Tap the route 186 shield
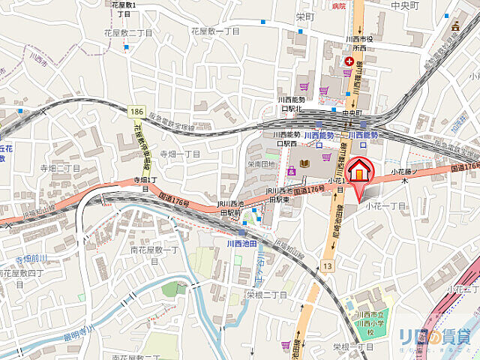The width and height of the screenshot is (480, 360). coord(136,111)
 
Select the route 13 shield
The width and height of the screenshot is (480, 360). coord(328,266)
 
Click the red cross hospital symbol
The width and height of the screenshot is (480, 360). coord(347,60)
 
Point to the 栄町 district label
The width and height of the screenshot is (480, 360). coord(304,16)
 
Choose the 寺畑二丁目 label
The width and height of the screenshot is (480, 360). coord(60,168)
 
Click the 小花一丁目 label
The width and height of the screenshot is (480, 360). coord(385,205)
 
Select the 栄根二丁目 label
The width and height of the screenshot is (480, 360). coord(266,295)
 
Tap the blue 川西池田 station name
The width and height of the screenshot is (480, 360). coord(242,244)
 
